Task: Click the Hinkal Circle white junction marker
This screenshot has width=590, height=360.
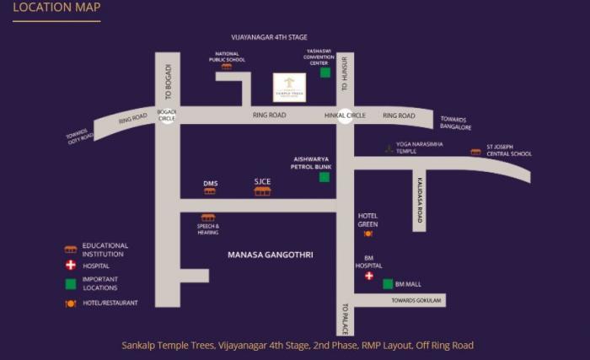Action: tap(345, 116)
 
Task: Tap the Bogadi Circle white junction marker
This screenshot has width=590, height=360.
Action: tap(167, 116)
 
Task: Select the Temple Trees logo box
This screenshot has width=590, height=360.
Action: tap(289, 87)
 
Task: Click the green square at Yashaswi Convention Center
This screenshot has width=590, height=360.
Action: tap(324, 73)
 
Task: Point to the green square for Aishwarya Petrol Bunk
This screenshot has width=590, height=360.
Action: tap(324, 177)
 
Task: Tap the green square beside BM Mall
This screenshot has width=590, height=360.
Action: tap(388, 284)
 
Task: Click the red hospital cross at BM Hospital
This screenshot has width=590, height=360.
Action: tap(368, 276)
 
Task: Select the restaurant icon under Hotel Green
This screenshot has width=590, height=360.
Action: tap(368, 234)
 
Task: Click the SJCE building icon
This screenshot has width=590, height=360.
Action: tap(262, 191)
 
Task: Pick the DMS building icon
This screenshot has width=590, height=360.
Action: tap(210, 191)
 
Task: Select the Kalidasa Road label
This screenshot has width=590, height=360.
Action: tap(419, 201)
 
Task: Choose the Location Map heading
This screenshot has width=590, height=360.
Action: tap(56, 8)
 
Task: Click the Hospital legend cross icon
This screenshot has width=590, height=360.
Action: tap(71, 266)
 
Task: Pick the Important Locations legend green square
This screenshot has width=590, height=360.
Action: tap(71, 283)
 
